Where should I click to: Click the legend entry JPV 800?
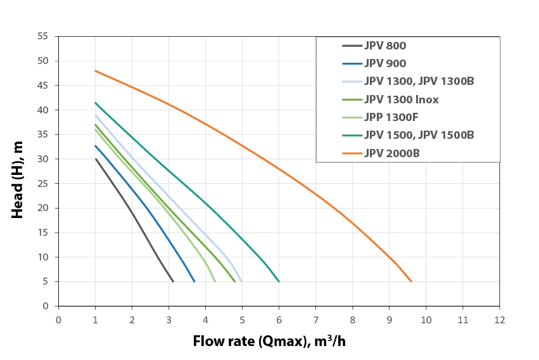(385, 46)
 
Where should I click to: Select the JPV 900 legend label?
(385, 63)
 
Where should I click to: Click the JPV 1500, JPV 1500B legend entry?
(419, 135)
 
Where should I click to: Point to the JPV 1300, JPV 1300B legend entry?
(419, 81)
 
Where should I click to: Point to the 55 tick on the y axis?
(44, 36)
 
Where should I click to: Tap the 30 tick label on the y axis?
(44, 159)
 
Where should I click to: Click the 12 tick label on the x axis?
(499, 319)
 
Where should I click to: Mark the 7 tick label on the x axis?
(315, 319)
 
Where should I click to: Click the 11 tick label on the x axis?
(462, 319)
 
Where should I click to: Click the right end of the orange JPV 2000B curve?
(411, 281)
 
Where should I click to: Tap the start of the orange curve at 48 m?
(96, 70)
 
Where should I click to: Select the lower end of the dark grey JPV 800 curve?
(173, 281)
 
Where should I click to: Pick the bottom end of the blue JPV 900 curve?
(194, 281)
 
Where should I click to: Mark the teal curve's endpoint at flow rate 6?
(279, 281)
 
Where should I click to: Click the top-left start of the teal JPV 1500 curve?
(96, 103)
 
